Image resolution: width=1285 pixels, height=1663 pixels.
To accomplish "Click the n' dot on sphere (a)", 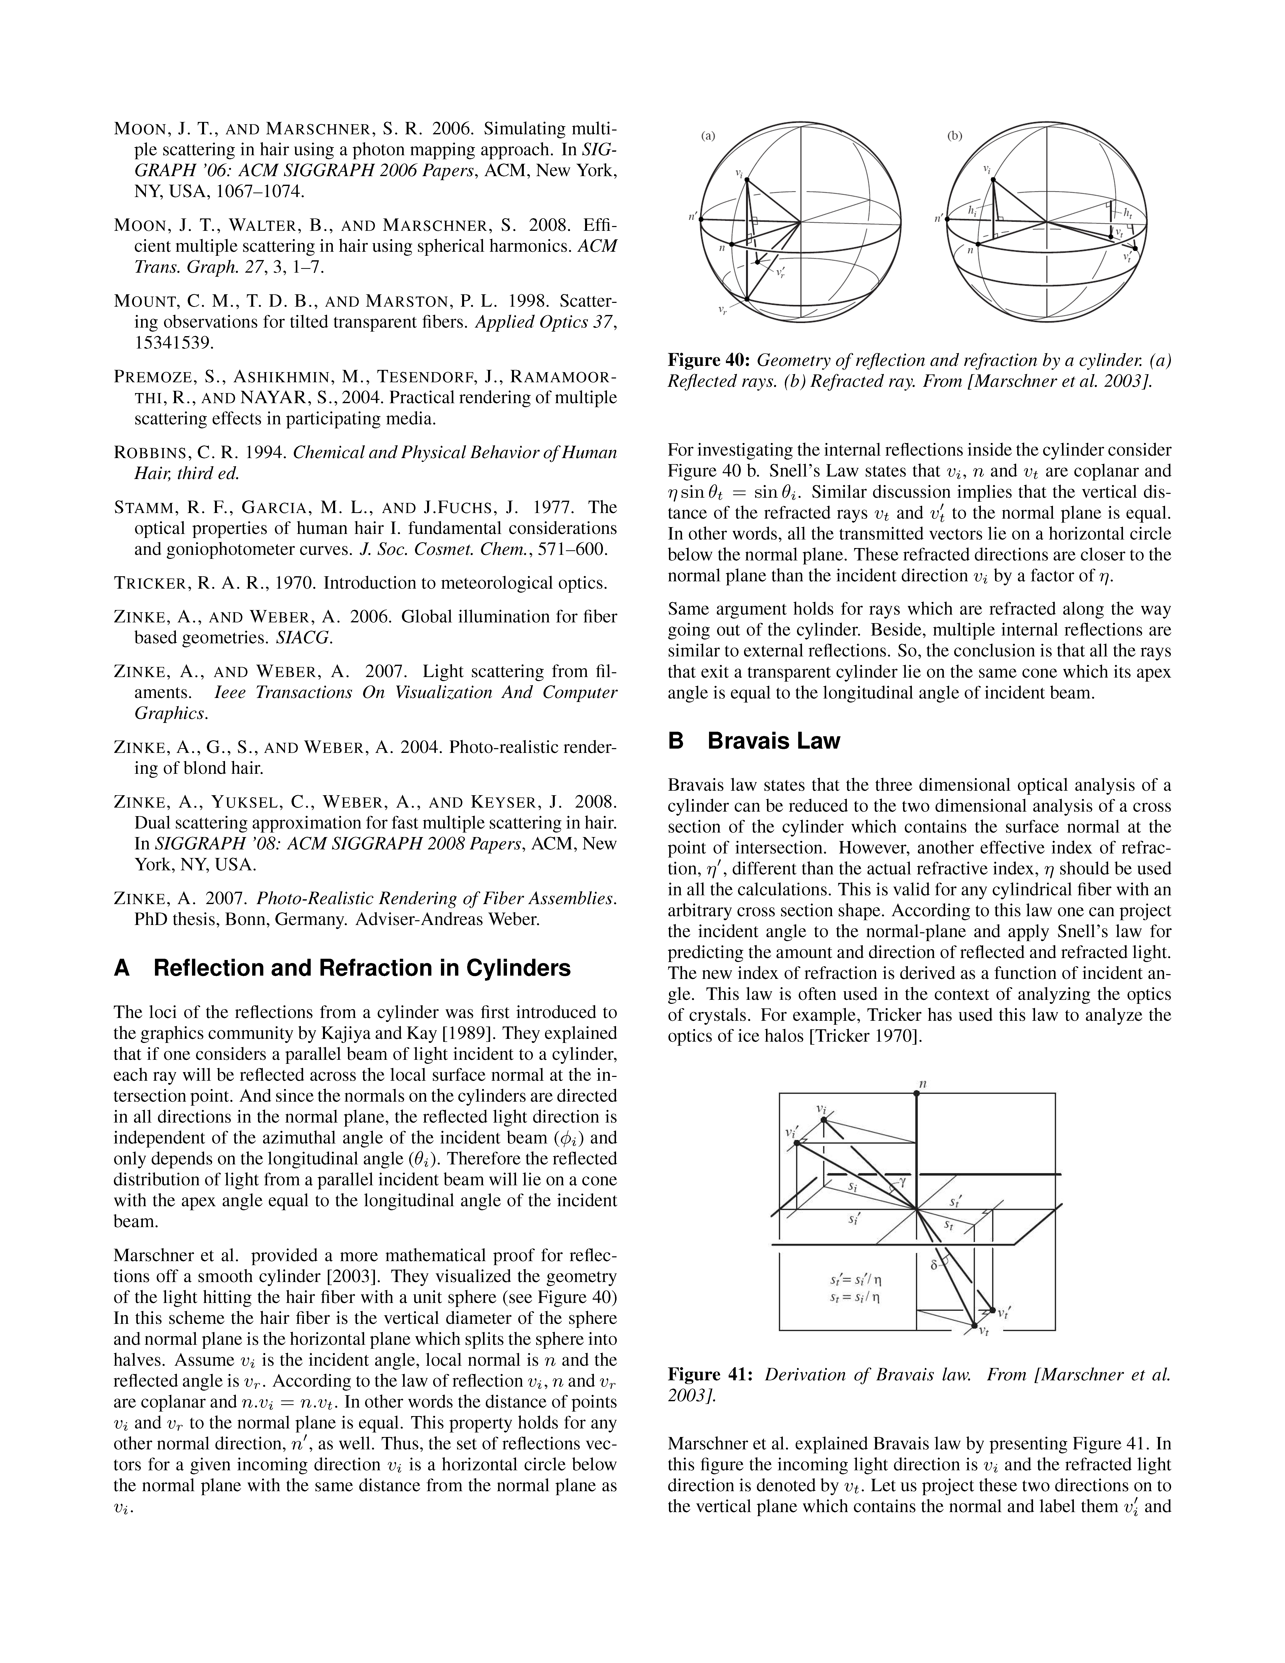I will (x=701, y=218).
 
